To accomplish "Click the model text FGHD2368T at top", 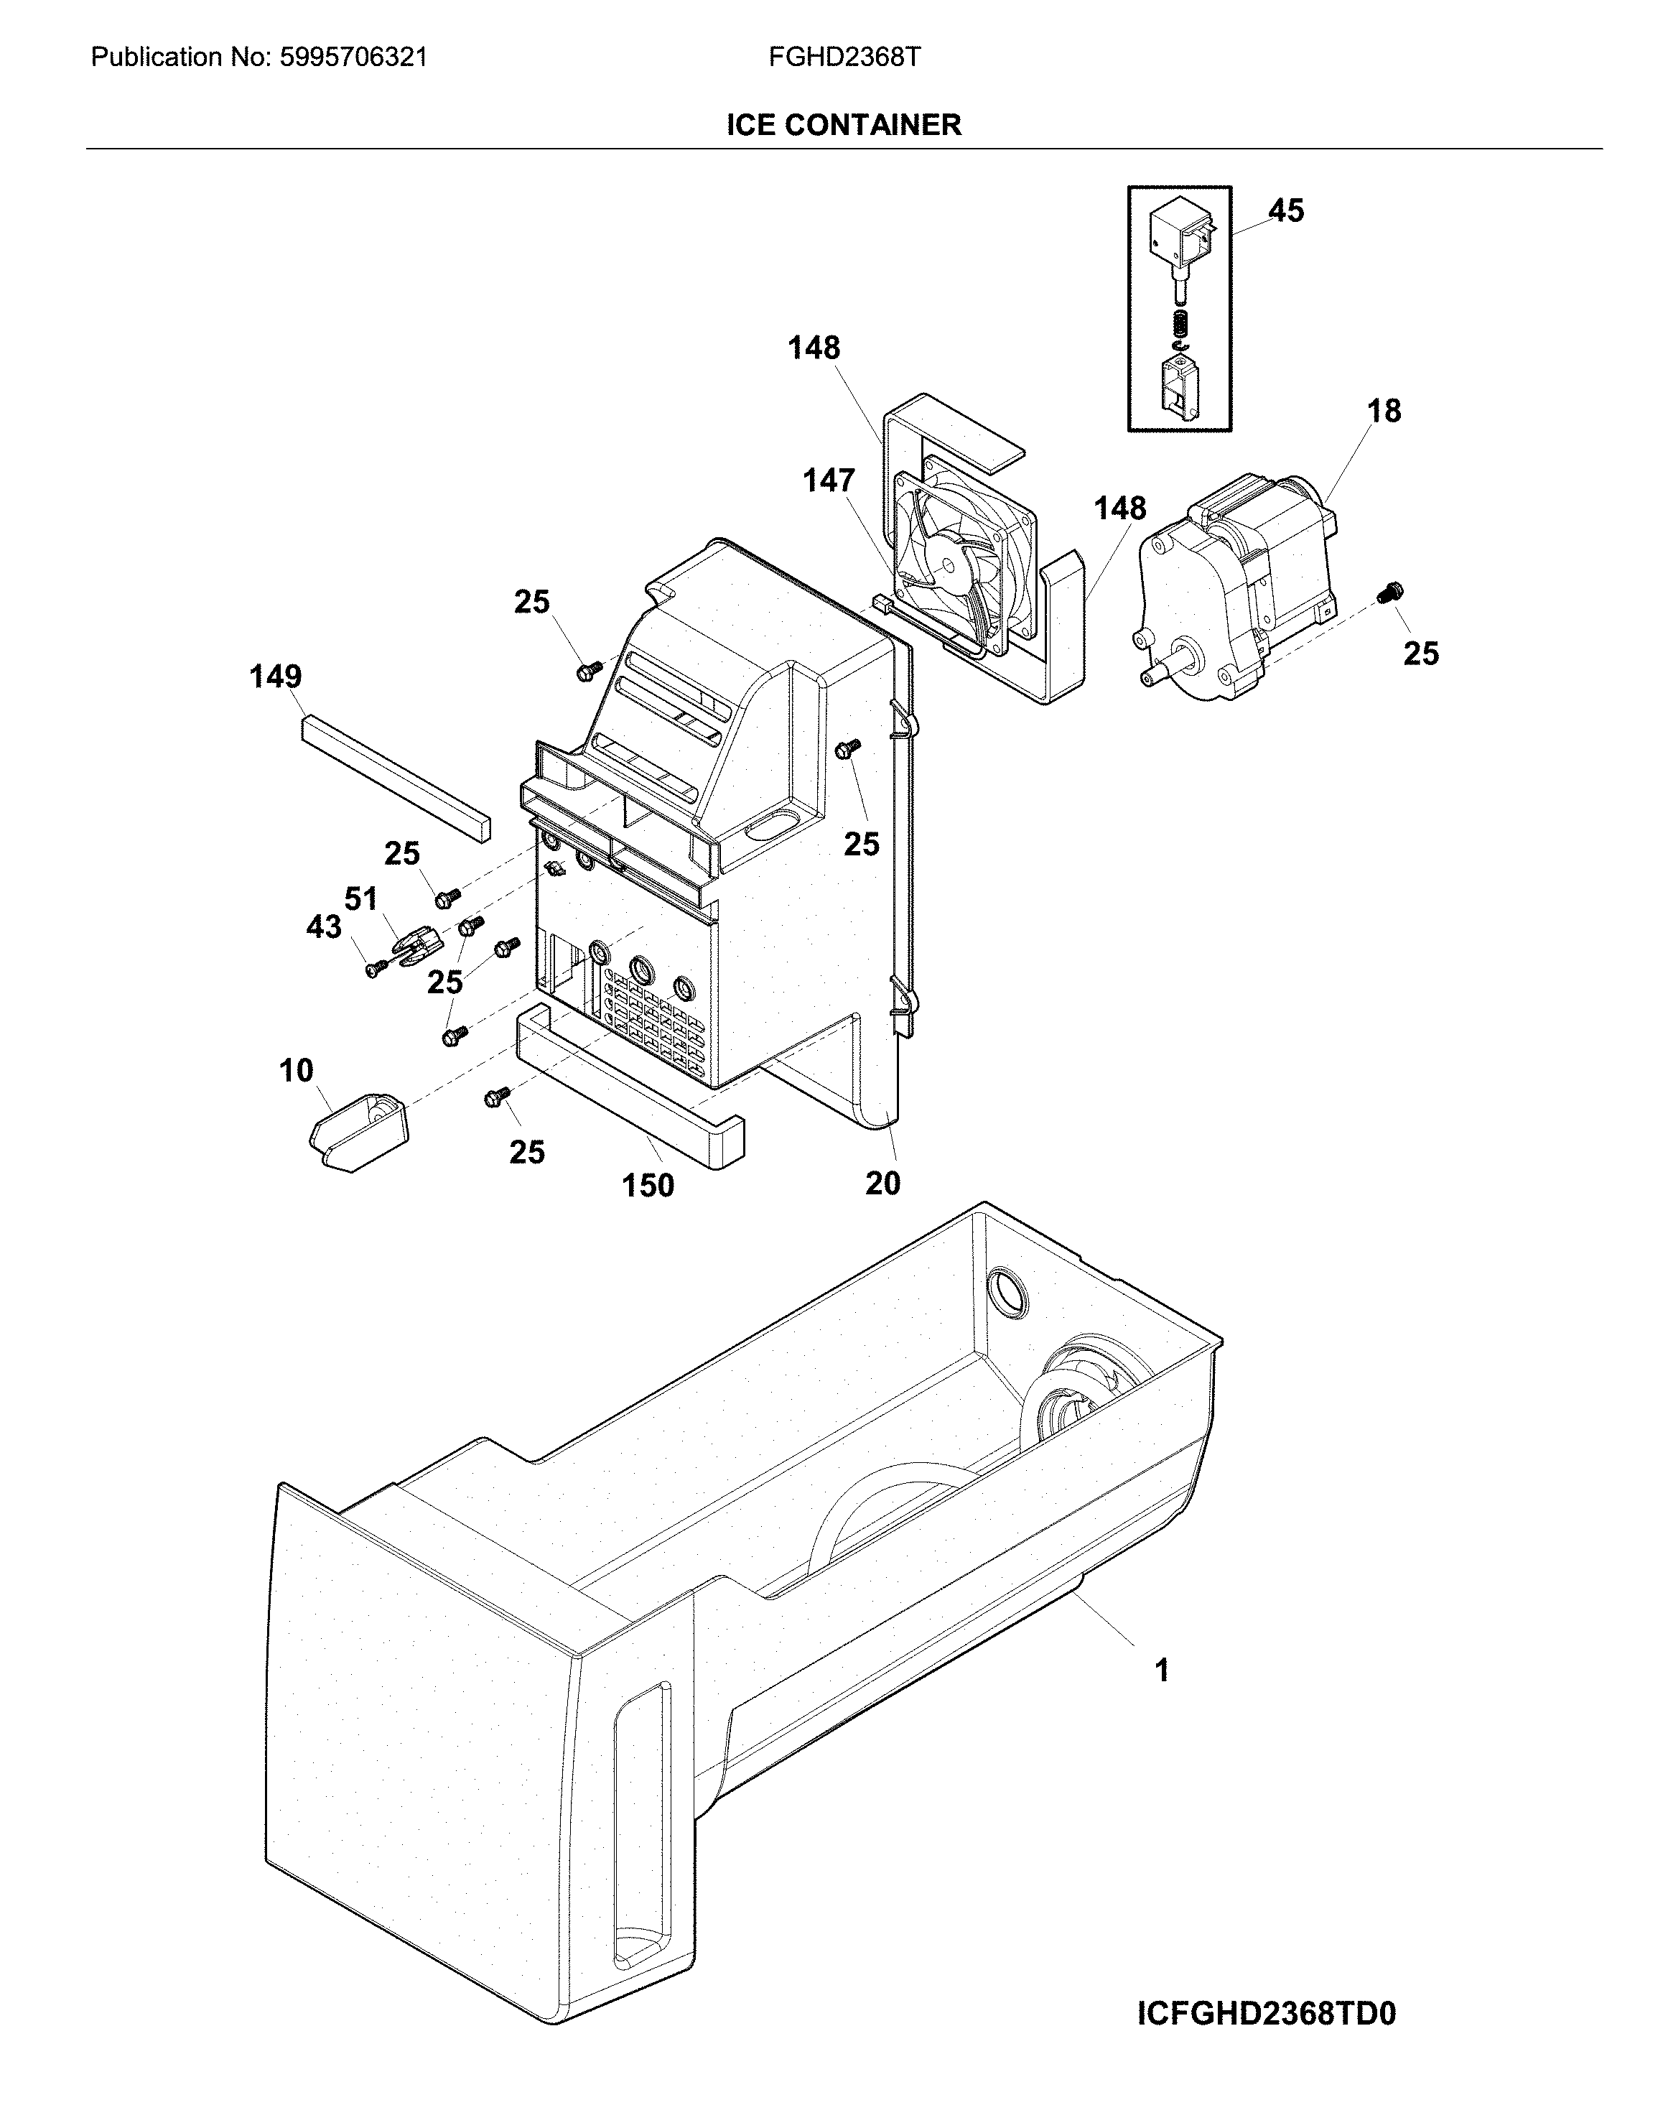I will pos(844,57).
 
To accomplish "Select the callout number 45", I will pos(1285,211).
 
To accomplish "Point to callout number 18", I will pos(1384,411).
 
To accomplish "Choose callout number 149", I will pos(276,677).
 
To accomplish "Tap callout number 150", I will pos(648,1185).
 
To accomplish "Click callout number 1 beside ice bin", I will pos(1160,1670).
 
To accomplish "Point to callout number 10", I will pos(296,1071).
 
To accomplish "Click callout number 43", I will pos(325,927).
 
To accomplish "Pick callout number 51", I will pos(361,898).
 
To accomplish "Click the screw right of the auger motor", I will pos(1392,591).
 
